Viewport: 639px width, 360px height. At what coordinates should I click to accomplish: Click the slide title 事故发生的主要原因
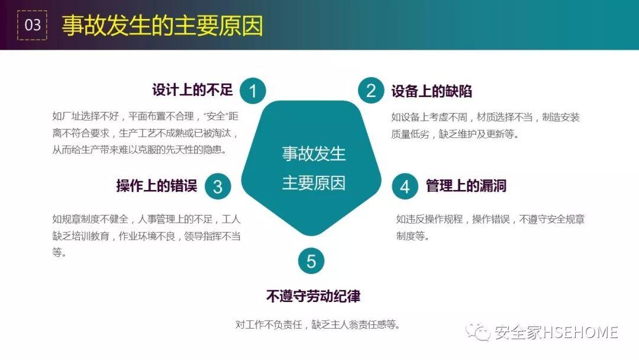tap(162, 25)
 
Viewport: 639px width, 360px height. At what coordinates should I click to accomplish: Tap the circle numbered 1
tap(253, 91)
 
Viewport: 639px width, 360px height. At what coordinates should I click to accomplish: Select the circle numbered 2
tap(371, 90)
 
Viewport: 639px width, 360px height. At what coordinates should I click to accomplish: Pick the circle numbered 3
tap(218, 187)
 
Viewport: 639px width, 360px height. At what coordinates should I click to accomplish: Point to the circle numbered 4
tap(405, 187)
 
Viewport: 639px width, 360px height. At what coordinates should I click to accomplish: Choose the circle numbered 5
tap(311, 261)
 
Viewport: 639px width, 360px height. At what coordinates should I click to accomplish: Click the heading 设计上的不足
tap(192, 90)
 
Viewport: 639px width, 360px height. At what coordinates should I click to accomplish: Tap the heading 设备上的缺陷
tap(431, 91)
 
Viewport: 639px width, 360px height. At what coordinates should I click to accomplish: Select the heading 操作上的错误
tap(157, 185)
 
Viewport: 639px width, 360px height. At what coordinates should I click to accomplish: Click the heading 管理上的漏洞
tap(466, 185)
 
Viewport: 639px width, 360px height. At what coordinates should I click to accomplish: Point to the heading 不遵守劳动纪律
tap(314, 296)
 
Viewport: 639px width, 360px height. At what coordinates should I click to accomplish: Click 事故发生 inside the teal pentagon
tap(314, 154)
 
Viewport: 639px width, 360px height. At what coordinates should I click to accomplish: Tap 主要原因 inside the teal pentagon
tap(314, 183)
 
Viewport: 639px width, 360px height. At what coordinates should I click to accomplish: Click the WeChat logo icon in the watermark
tap(478, 332)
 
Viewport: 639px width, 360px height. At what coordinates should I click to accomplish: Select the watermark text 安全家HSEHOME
tap(556, 332)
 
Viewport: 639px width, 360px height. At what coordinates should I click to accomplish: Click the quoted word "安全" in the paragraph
tap(216, 116)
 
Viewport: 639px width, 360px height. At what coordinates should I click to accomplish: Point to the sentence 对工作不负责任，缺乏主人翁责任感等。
tap(318, 324)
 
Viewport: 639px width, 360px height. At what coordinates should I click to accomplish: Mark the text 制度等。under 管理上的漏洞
tap(413, 236)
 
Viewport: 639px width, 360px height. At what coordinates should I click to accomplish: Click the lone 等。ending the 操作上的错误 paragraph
tap(60, 252)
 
